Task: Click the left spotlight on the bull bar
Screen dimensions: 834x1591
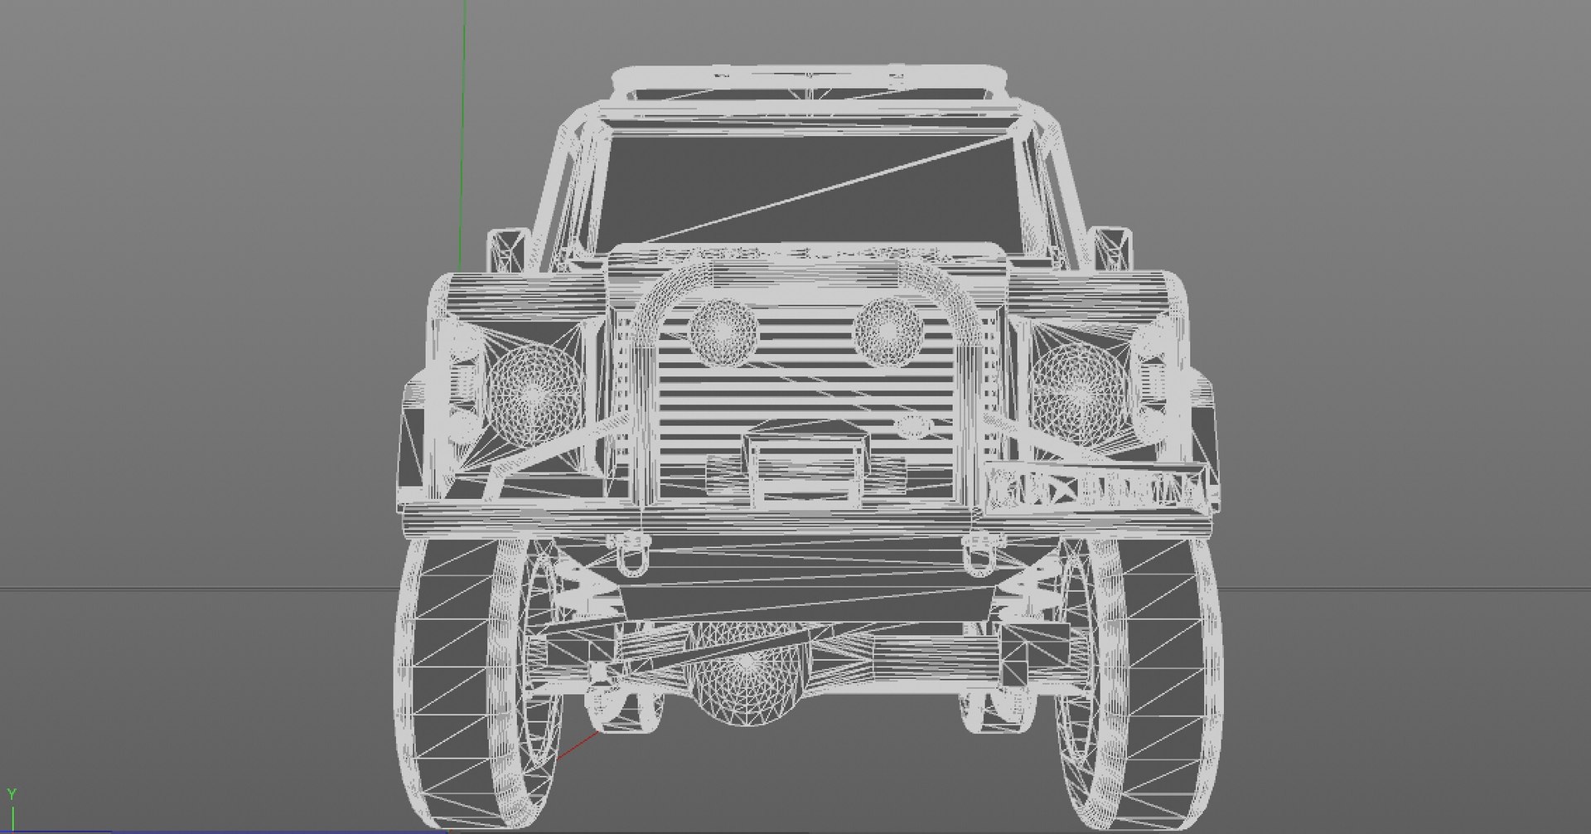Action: click(x=723, y=329)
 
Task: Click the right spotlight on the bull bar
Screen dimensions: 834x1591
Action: click(x=888, y=329)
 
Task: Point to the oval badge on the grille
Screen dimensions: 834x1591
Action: click(x=914, y=428)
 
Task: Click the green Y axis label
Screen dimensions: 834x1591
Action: click(x=12, y=795)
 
